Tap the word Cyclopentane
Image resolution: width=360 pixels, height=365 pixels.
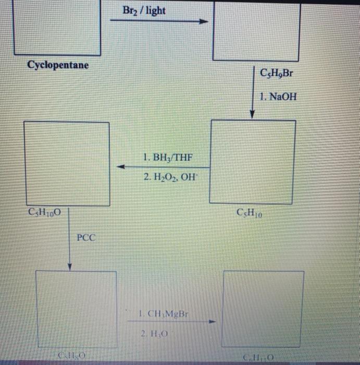[x=58, y=65]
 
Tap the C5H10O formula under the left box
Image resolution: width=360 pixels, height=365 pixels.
[x=46, y=213]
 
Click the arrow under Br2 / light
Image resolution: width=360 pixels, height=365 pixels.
[x=159, y=22]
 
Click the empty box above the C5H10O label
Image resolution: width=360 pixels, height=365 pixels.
[x=67, y=164]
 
